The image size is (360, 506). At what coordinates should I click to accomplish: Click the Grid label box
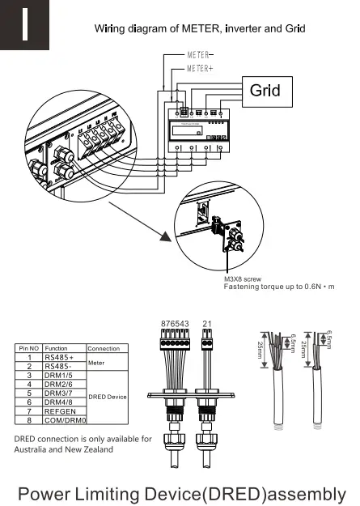(x=265, y=89)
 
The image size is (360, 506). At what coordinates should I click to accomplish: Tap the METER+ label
(x=201, y=69)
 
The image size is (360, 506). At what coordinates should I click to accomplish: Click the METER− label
(x=201, y=55)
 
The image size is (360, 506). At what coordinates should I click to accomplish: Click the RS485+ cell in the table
(x=58, y=356)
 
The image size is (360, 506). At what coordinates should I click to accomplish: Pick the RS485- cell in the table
(x=58, y=366)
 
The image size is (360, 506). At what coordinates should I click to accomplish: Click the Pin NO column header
(x=28, y=347)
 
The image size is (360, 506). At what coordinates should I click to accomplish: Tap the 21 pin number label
(x=208, y=325)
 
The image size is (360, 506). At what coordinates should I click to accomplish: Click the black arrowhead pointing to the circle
(x=166, y=236)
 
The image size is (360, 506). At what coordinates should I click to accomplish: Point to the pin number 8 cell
(x=28, y=421)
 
